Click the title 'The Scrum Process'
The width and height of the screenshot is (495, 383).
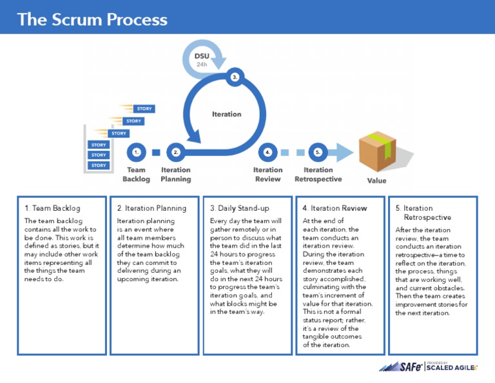(92, 19)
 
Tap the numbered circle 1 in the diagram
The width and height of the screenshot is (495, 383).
(135, 153)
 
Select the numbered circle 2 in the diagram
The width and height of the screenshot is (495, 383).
(175, 153)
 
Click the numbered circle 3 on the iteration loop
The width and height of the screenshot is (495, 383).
(235, 77)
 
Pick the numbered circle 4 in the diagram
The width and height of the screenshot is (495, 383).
(267, 153)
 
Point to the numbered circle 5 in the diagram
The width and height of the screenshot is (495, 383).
(317, 153)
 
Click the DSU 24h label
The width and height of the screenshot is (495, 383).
(202, 59)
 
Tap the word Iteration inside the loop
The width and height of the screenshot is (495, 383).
(226, 114)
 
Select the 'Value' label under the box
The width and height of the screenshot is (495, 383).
(376, 181)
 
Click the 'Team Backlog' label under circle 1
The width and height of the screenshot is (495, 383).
(136, 175)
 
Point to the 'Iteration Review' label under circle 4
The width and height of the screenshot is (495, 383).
(267, 175)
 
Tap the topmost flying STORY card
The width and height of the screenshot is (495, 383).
(144, 109)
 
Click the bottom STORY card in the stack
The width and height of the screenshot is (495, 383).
(99, 166)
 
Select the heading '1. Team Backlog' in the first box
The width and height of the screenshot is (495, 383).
(52, 208)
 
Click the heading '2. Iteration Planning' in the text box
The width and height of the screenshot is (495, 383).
(151, 208)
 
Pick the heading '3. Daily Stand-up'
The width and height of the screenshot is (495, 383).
(240, 208)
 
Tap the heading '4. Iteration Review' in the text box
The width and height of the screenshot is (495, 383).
(335, 208)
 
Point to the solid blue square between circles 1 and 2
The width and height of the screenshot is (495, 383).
(155, 153)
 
